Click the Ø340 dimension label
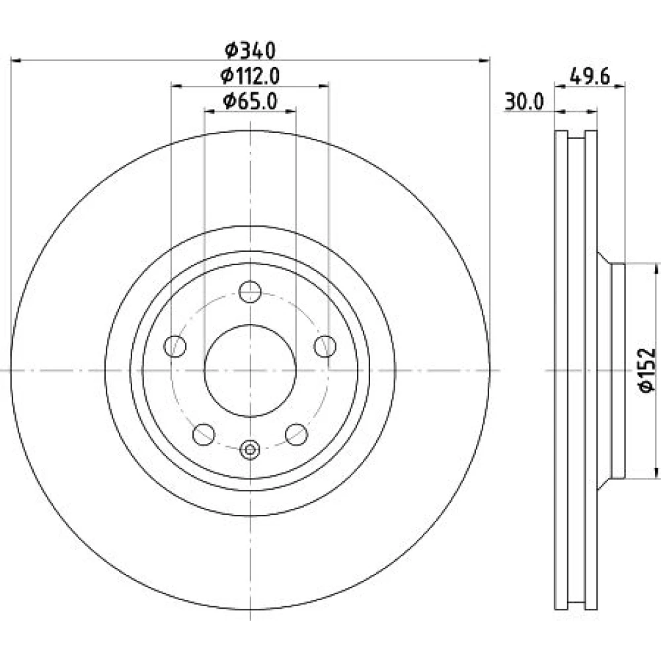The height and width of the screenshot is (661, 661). pos(250,50)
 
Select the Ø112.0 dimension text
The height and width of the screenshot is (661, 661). pos(250,76)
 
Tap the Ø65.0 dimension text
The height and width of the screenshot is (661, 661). pos(250,101)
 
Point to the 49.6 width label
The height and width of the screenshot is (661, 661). pos(590,77)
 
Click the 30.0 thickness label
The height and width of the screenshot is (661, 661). pos(524,102)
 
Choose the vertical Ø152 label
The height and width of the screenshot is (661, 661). pos(648,370)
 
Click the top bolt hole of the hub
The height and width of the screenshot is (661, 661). pos(250,292)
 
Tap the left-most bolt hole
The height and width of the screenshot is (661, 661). pos(175,346)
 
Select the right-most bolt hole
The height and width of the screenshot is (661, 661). pos(325,346)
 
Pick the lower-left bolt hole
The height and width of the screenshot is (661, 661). pos(204,434)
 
